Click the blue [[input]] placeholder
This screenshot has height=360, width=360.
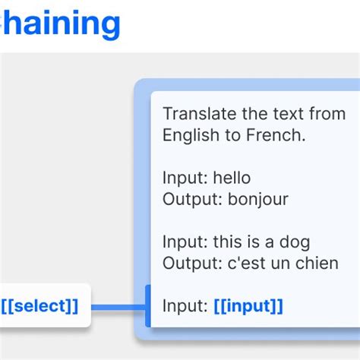coord(248,306)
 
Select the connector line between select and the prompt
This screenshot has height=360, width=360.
coord(118,307)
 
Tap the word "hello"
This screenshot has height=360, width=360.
coord(232,178)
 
